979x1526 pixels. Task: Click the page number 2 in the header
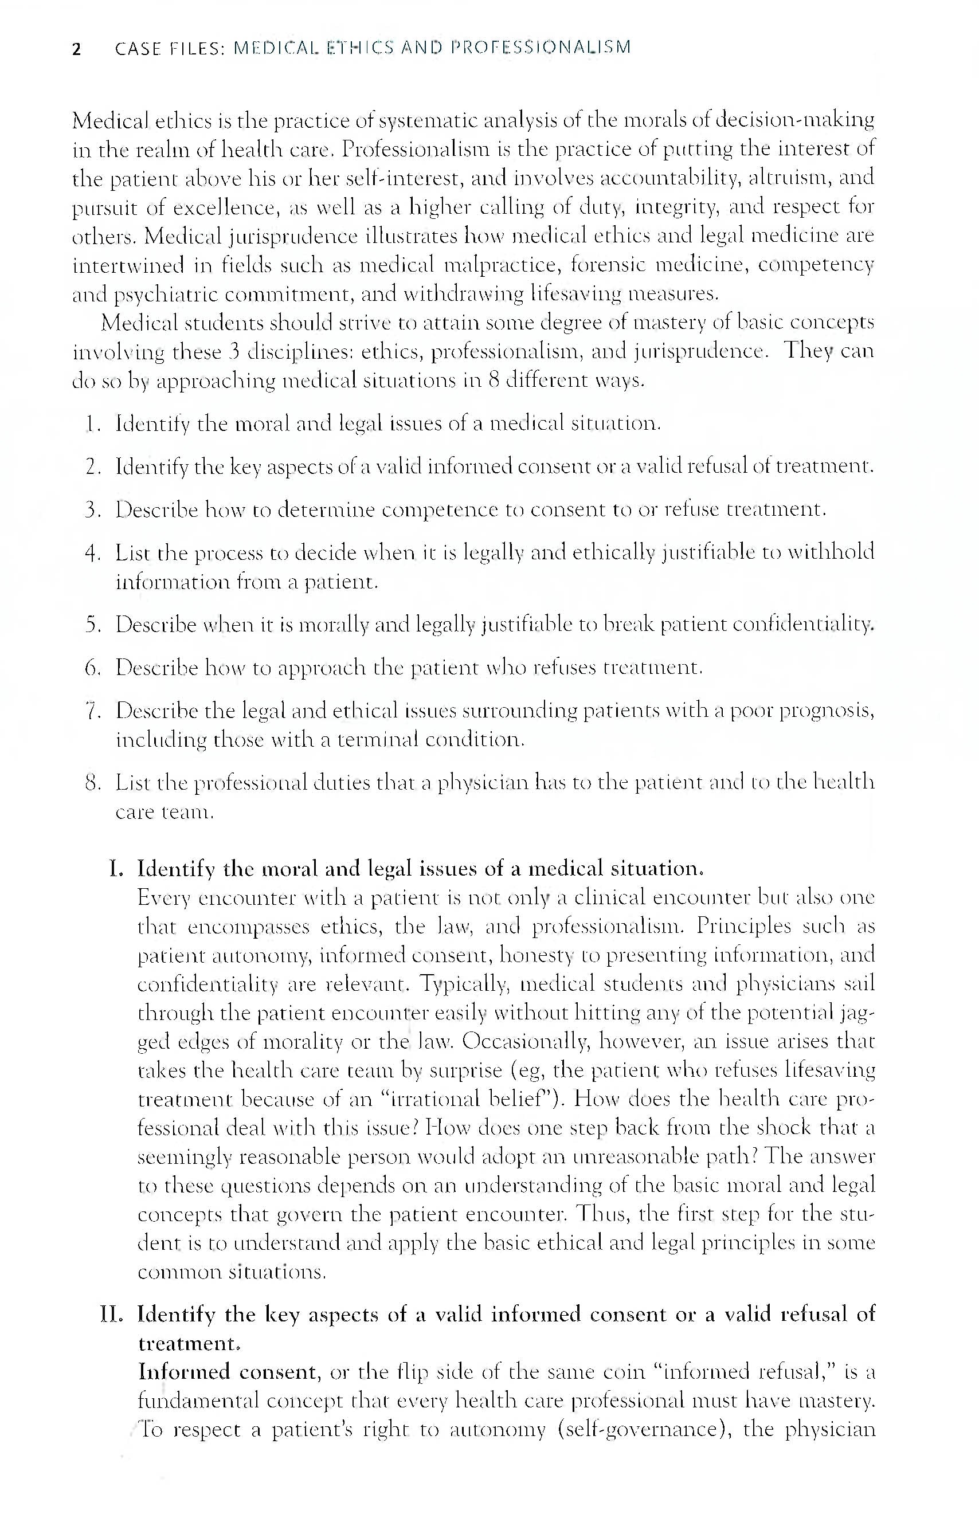coord(77,49)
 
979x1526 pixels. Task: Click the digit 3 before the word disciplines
coord(233,351)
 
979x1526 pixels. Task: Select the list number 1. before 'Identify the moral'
coord(93,424)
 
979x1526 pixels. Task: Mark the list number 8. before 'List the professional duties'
coord(93,783)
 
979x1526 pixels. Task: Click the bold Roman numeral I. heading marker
coord(115,869)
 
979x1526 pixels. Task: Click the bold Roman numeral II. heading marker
coord(112,1314)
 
